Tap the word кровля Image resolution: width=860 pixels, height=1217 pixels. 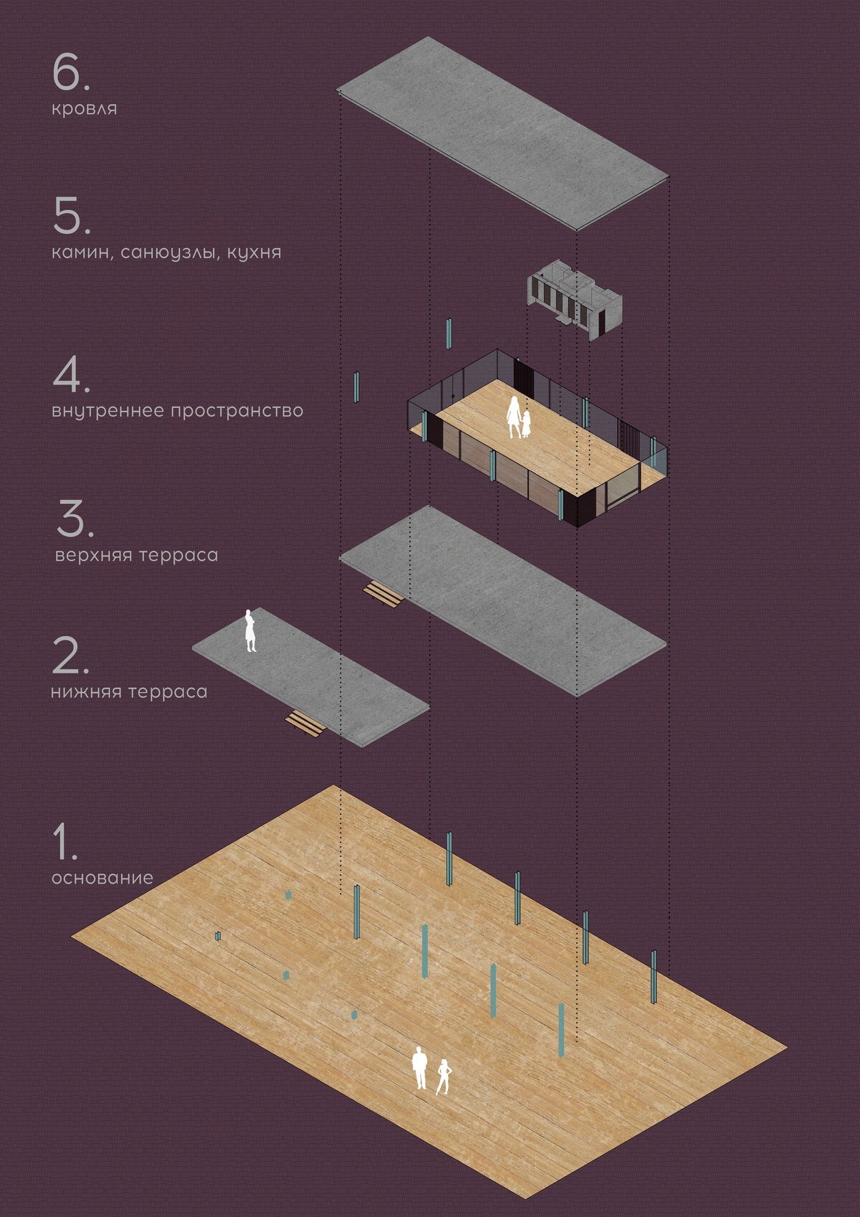tap(84, 109)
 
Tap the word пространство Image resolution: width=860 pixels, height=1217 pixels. tap(237, 411)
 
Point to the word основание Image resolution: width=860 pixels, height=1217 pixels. tap(102, 879)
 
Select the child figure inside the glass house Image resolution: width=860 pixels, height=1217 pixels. tap(525, 425)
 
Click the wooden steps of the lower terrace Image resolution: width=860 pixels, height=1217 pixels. tap(306, 723)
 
